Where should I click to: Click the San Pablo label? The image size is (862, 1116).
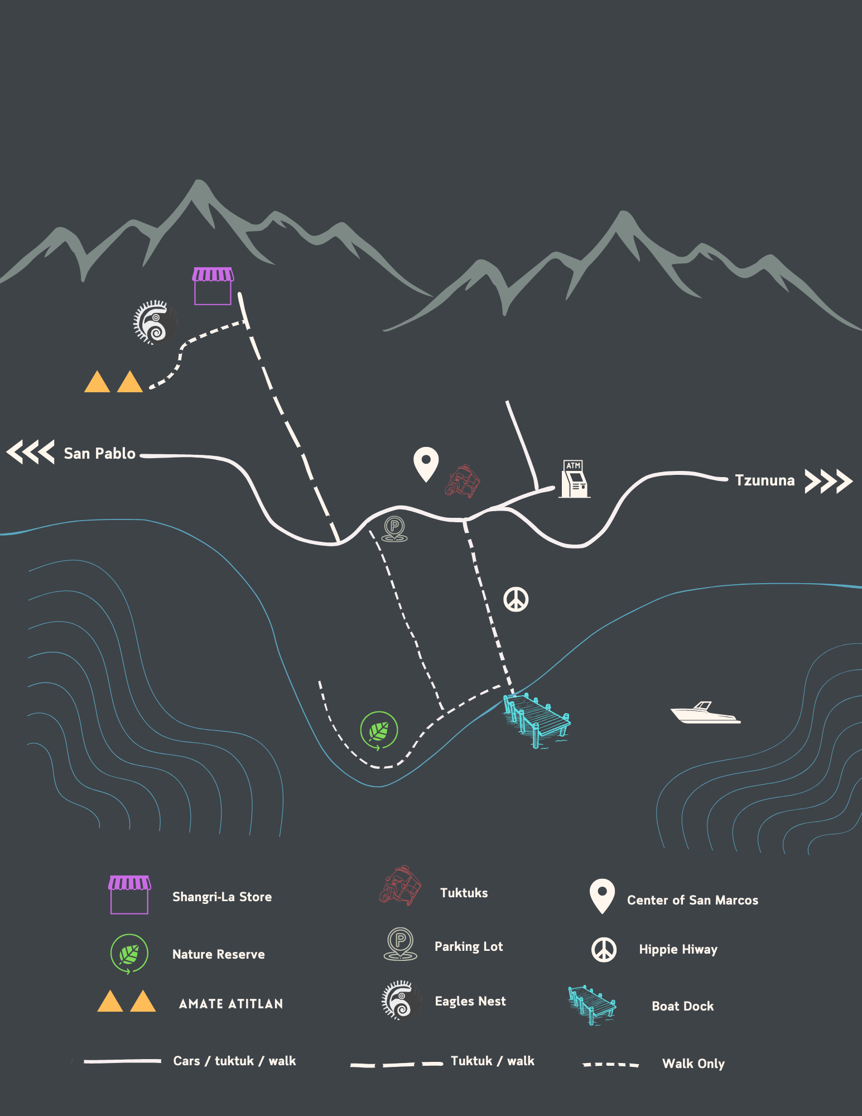click(x=99, y=453)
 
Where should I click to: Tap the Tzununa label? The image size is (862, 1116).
click(x=764, y=480)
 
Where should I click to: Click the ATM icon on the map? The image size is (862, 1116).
click(x=574, y=479)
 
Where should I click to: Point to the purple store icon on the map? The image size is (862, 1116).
click(x=213, y=286)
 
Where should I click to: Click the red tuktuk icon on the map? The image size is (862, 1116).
click(x=463, y=480)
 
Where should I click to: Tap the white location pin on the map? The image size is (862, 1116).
click(x=426, y=464)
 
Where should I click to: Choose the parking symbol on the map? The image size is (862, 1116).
click(x=394, y=528)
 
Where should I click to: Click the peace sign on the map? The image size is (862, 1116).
click(x=516, y=599)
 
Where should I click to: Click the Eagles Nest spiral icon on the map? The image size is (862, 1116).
click(x=153, y=322)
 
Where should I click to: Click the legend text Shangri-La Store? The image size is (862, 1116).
click(x=222, y=897)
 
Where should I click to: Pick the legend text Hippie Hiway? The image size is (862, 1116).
click(x=678, y=949)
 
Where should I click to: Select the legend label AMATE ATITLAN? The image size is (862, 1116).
click(x=231, y=1004)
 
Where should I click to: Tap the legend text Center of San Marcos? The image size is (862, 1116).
click(x=692, y=900)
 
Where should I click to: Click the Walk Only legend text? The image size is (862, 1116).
click(x=693, y=1064)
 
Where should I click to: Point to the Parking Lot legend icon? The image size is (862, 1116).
click(x=400, y=944)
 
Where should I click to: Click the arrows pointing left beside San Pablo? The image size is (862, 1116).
click(x=31, y=452)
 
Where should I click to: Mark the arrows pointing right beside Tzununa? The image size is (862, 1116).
click(x=829, y=481)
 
